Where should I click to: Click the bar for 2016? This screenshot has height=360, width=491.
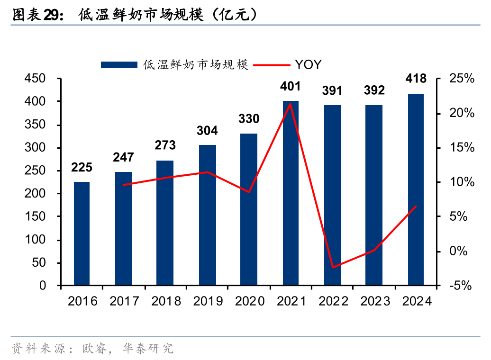click(82, 234)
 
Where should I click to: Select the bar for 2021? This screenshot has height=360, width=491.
click(291, 193)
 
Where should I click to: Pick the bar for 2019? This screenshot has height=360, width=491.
click(207, 215)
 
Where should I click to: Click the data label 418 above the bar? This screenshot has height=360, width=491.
click(416, 79)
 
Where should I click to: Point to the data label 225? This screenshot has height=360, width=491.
click(82, 167)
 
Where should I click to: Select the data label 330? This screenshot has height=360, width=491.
click(249, 119)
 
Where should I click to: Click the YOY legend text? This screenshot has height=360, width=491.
click(308, 65)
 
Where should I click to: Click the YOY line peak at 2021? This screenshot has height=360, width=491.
click(291, 103)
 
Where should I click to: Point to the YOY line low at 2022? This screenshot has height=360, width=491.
click(333, 268)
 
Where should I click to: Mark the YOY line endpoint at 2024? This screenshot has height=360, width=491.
click(416, 206)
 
